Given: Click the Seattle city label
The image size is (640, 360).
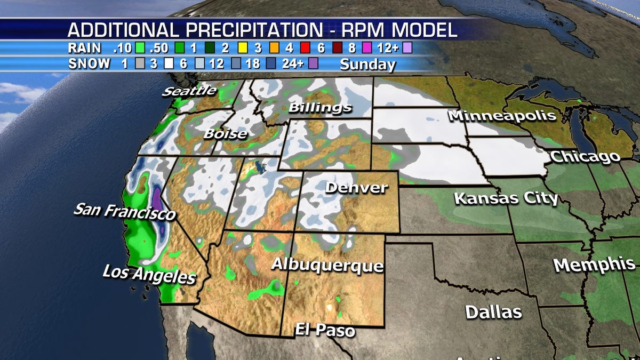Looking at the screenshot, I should pos(190,91).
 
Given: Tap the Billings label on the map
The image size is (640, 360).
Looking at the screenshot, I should pos(320,108).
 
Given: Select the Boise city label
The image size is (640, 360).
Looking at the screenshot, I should pos(225,134).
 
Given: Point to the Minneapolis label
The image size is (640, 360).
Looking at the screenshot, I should pos(502,116).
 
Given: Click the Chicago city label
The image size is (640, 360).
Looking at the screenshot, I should pos(585,157).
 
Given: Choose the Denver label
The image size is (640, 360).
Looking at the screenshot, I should pos(356,188).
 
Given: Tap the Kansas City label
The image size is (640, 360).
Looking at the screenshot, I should pos(506,198).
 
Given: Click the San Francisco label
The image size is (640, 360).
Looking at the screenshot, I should pos(124,212).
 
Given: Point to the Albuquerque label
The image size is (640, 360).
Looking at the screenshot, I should pos(327,265).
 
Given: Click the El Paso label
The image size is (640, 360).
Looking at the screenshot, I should pos(325,330).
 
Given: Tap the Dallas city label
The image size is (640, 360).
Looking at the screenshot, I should pos(493,312).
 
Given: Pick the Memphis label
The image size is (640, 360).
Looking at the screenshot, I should pos(594,265).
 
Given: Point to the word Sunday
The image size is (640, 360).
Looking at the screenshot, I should pos(368,65).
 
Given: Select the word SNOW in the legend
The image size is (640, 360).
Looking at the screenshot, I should pos(90,64).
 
